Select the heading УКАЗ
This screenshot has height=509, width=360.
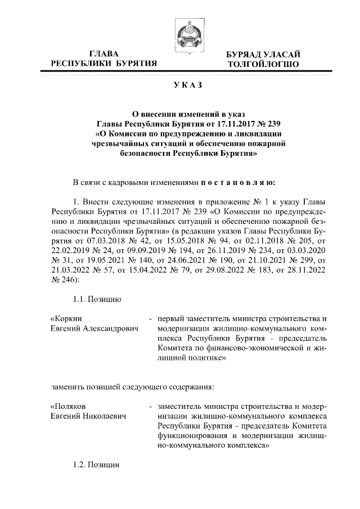click(180, 85)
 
